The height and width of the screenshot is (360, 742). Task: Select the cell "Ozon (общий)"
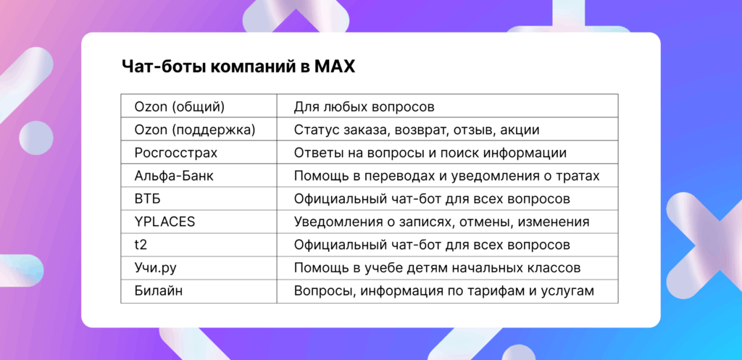point(180,106)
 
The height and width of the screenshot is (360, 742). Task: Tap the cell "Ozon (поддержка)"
point(195,130)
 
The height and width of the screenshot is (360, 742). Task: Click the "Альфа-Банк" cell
point(174,176)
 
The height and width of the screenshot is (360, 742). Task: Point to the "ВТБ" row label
point(148,198)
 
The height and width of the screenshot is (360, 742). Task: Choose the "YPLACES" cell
point(164,222)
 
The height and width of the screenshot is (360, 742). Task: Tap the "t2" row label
point(141,245)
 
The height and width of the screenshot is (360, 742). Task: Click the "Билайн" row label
point(159,291)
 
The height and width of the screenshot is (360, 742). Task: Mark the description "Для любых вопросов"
point(364,106)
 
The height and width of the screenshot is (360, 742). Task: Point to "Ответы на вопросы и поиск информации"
point(430,153)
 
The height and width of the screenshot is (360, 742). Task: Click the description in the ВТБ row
point(432,198)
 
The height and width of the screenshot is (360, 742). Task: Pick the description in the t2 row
point(432,245)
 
